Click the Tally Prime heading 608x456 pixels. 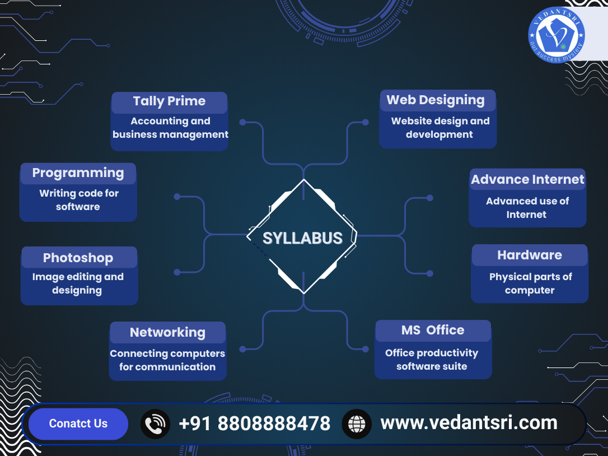click(x=169, y=101)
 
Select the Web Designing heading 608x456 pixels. click(x=436, y=100)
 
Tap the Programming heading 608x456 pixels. click(x=78, y=173)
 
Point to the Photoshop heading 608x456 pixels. click(x=78, y=258)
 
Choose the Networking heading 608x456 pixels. click(x=167, y=332)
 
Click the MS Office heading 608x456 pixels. click(x=433, y=330)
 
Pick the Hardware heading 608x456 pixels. click(x=529, y=255)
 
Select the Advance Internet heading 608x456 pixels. click(x=527, y=179)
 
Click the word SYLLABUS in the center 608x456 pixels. click(x=303, y=238)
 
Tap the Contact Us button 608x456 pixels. click(x=78, y=424)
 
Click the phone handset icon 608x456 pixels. click(x=155, y=424)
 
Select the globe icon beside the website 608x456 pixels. click(x=357, y=424)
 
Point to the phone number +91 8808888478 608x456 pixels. click(x=255, y=424)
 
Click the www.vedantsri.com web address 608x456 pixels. click(x=469, y=422)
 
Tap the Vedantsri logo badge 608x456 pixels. click(x=556, y=35)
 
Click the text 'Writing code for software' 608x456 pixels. click(x=78, y=200)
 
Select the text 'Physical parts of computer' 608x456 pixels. click(x=530, y=283)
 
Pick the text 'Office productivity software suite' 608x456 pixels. click(x=432, y=360)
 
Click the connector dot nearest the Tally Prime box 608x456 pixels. click(x=242, y=122)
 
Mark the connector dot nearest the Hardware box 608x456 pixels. click(x=430, y=273)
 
